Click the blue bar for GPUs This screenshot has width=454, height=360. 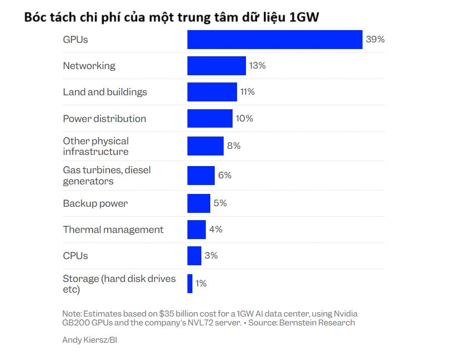point(275,40)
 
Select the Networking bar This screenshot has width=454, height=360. point(216,66)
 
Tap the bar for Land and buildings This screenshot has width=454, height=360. point(212,92)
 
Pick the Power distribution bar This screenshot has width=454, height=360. point(210,119)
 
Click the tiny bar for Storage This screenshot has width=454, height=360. point(190,284)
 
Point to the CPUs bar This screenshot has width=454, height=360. point(194,256)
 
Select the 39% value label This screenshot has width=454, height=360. point(375,40)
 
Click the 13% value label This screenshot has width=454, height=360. point(258,66)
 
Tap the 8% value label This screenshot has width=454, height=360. point(234,146)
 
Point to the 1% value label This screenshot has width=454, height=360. point(201,284)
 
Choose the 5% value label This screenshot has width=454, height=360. point(220,203)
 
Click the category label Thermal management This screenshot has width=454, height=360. point(113,230)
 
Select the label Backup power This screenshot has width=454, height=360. point(95,203)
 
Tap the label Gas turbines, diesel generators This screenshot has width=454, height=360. point(107,175)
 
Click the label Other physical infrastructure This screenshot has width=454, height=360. point(96,146)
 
